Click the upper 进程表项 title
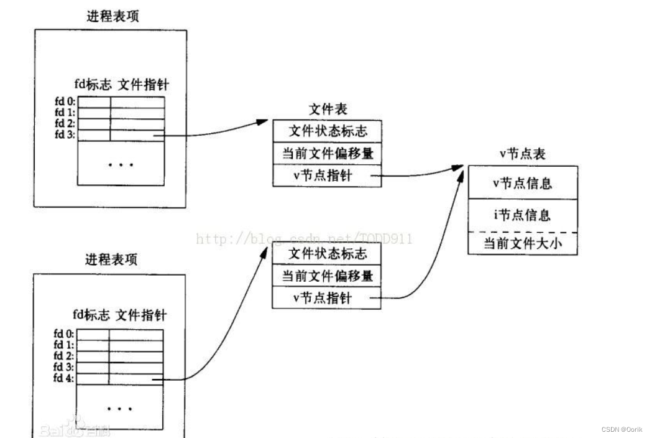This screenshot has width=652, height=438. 112,16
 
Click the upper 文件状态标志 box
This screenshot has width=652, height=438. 327,131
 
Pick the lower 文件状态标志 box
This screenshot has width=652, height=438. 327,253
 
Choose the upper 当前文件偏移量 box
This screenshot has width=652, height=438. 327,153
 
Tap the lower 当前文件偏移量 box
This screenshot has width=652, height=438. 327,276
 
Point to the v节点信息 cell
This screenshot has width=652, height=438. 522,183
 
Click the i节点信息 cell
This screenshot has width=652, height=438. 522,215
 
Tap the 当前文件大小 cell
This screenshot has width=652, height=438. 522,244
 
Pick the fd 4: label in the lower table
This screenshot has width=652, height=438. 63,378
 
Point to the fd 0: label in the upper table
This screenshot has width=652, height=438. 64,101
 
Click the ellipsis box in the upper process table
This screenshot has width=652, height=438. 121,164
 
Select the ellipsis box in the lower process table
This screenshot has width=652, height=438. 120,408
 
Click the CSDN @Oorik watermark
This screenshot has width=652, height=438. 622,429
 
